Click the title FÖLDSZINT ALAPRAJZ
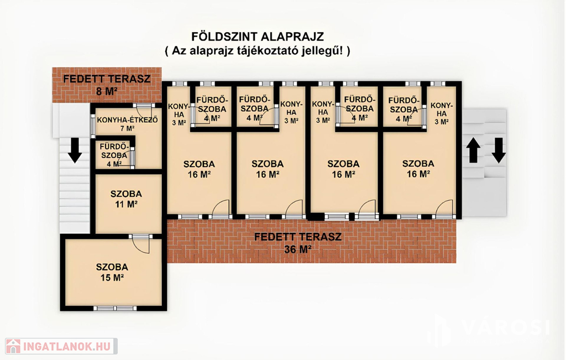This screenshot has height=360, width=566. (258, 36)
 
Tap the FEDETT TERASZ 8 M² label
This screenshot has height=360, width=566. (107, 85)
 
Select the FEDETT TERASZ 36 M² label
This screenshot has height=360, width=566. (298, 243)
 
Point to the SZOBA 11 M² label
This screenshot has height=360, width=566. (126, 199)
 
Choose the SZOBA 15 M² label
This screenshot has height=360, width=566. (112, 272)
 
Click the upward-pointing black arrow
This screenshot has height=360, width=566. (474, 150)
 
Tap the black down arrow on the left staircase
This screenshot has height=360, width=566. (75, 150)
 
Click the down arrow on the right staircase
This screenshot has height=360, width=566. (499, 150)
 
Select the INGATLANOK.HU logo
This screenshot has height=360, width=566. (61, 346)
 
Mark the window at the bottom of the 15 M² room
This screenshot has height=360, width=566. (115, 309)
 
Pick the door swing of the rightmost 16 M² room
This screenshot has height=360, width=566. (444, 207)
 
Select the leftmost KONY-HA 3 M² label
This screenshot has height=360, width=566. (179, 114)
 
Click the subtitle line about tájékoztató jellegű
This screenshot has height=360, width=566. (258, 50)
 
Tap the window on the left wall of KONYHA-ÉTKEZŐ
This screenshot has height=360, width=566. (93, 124)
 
